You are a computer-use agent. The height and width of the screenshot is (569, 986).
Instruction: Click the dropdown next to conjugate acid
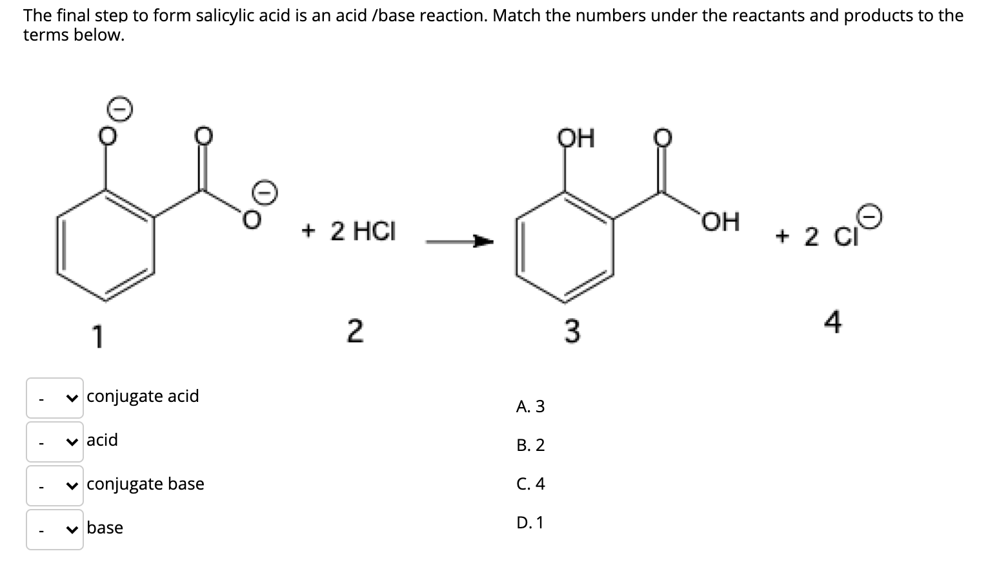pyautogui.click(x=55, y=398)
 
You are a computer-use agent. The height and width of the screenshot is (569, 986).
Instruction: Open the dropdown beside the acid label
pyautogui.click(x=55, y=442)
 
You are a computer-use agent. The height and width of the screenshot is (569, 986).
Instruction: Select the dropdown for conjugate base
pyautogui.click(x=55, y=486)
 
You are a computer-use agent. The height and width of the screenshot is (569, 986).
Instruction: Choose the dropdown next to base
pyautogui.click(x=55, y=530)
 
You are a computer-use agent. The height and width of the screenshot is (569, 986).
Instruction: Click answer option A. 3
pyautogui.click(x=530, y=406)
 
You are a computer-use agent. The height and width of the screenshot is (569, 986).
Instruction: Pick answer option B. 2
pyautogui.click(x=530, y=445)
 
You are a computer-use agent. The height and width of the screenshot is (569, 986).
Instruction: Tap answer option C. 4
pyautogui.click(x=530, y=484)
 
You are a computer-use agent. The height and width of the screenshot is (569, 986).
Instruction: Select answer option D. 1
pyautogui.click(x=530, y=523)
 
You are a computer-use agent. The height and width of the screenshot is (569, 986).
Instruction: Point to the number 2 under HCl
pyautogui.click(x=354, y=332)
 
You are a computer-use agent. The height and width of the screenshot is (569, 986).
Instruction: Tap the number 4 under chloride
pyautogui.click(x=833, y=322)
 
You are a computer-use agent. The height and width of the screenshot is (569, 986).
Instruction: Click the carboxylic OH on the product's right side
pyautogui.click(x=721, y=221)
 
